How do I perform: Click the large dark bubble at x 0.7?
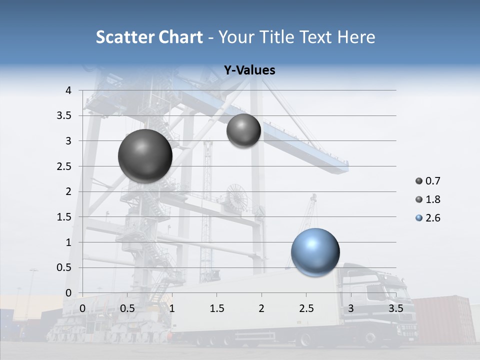pyautogui.click(x=145, y=156)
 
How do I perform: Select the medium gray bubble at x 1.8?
pyautogui.click(x=243, y=130)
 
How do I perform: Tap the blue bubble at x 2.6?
pyautogui.click(x=315, y=252)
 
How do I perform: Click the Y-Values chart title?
pyautogui.click(x=249, y=70)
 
